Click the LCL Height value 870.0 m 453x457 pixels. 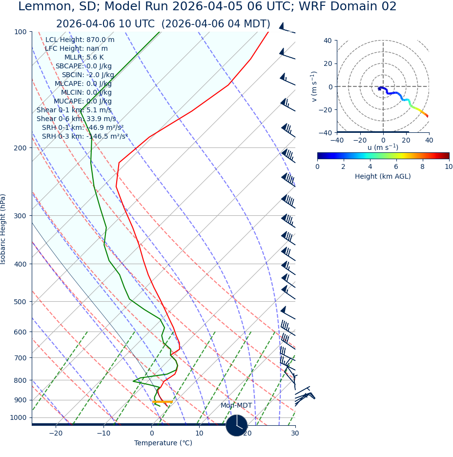tap(101, 40)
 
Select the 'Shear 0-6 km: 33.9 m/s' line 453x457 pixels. tap(76, 119)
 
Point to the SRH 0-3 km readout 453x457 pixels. tap(84, 136)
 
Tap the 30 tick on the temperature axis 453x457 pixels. tap(295, 434)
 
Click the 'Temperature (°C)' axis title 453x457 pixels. tap(163, 443)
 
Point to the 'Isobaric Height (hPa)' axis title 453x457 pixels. tap(3, 229)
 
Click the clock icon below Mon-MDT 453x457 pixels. tap(237, 425)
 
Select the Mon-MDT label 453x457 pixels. tap(236, 406)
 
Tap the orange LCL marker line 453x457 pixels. tap(162, 402)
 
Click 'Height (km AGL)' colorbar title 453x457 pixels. tap(383, 176)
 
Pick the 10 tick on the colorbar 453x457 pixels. tap(449, 167)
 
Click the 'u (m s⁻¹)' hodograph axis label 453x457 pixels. tap(383, 147)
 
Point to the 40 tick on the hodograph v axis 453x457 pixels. tap(327, 41)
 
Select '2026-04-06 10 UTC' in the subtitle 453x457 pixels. tap(105, 24)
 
